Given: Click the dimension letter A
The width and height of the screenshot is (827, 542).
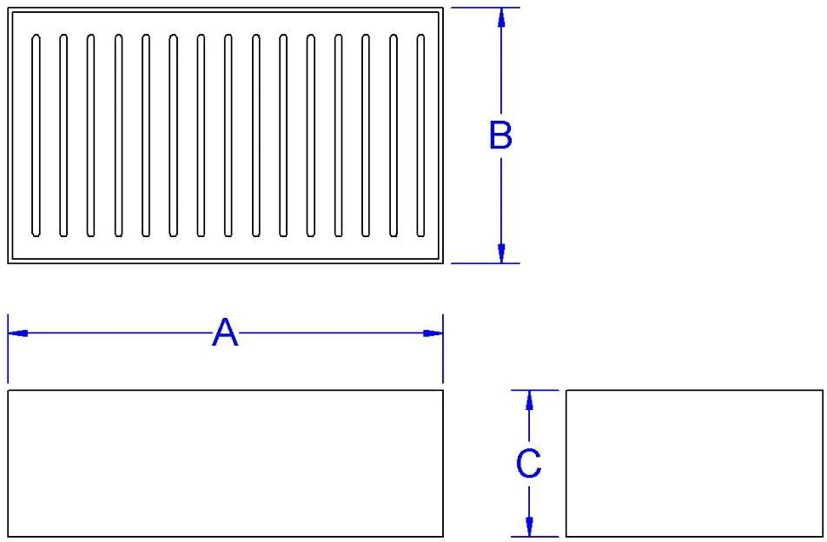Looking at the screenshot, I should point(224,333).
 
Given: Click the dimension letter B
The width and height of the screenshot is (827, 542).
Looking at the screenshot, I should point(500,135).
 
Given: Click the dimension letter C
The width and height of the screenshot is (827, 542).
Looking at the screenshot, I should point(528,463).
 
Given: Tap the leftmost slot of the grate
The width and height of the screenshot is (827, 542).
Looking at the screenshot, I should point(36,135).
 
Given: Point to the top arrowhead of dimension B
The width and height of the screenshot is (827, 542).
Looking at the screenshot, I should point(500,17).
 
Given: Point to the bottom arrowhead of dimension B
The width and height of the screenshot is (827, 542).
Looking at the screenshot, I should point(500,253).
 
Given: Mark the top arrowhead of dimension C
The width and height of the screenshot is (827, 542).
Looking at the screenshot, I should point(528,400).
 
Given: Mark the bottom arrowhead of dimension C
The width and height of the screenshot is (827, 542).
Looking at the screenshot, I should point(528,526).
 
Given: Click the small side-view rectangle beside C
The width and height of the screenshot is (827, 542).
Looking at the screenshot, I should point(693,463).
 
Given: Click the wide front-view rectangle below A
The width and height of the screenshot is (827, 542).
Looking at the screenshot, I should point(225,463).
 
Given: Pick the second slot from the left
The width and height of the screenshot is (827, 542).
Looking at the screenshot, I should point(63,135).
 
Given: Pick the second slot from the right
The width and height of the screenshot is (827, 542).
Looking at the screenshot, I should point(394,135).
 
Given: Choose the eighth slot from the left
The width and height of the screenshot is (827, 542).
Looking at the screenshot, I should point(228,135).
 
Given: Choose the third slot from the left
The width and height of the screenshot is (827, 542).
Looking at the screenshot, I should point(90,135).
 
